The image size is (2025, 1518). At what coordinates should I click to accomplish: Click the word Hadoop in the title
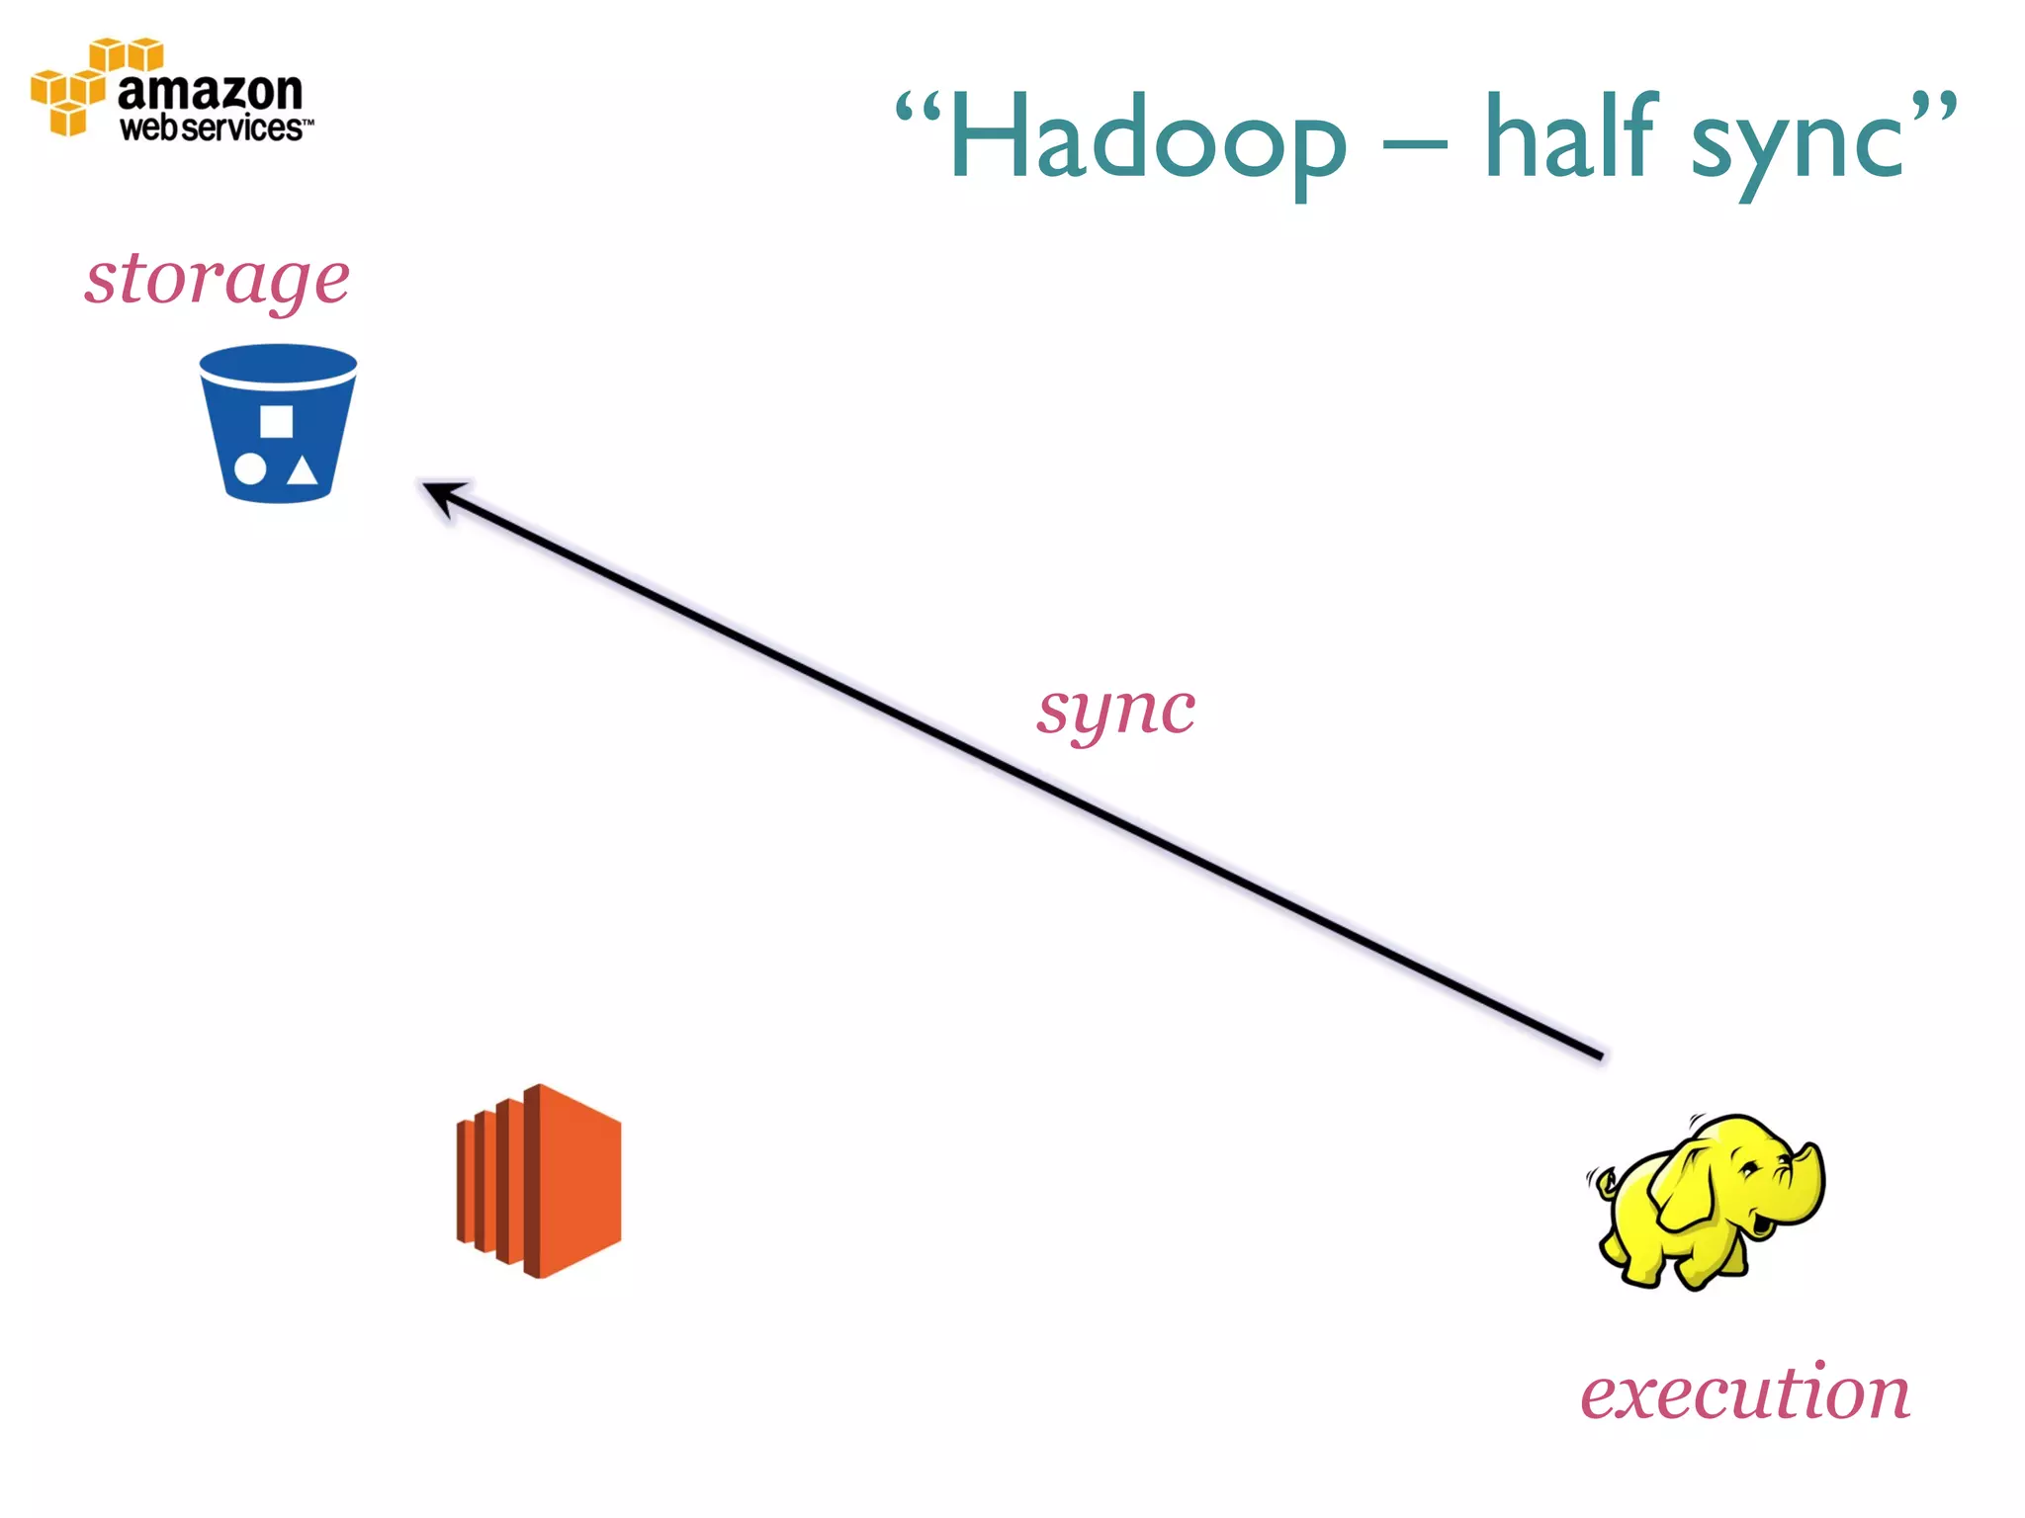1147,138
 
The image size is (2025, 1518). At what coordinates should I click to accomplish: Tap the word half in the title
1572,138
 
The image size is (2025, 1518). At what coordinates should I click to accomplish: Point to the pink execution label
1745,1393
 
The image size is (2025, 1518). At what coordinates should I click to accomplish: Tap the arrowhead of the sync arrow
440,493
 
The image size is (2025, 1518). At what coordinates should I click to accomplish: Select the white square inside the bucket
276,422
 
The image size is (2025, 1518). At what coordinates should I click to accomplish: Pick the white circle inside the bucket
250,469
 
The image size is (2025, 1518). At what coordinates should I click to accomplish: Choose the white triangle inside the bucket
303,470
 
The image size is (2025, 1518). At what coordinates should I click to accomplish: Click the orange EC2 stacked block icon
540,1181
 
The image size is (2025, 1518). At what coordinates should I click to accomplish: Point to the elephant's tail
1602,1181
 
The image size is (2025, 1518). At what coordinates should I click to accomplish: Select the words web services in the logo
212,128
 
